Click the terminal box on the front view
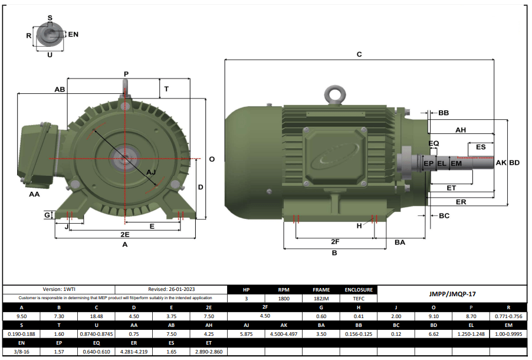[x=37, y=152]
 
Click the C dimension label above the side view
[x=359, y=54]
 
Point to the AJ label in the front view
[x=151, y=172]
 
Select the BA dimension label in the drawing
[x=400, y=242]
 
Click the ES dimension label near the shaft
[x=481, y=146]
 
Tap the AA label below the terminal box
[x=34, y=194]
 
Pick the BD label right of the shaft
[x=514, y=162]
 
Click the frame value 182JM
[x=321, y=299]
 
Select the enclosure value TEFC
[x=359, y=299]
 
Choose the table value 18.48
[x=96, y=316]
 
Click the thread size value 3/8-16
[x=22, y=351]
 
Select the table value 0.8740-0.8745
[x=96, y=333]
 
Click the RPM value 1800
[x=284, y=299]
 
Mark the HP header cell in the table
[x=247, y=290]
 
